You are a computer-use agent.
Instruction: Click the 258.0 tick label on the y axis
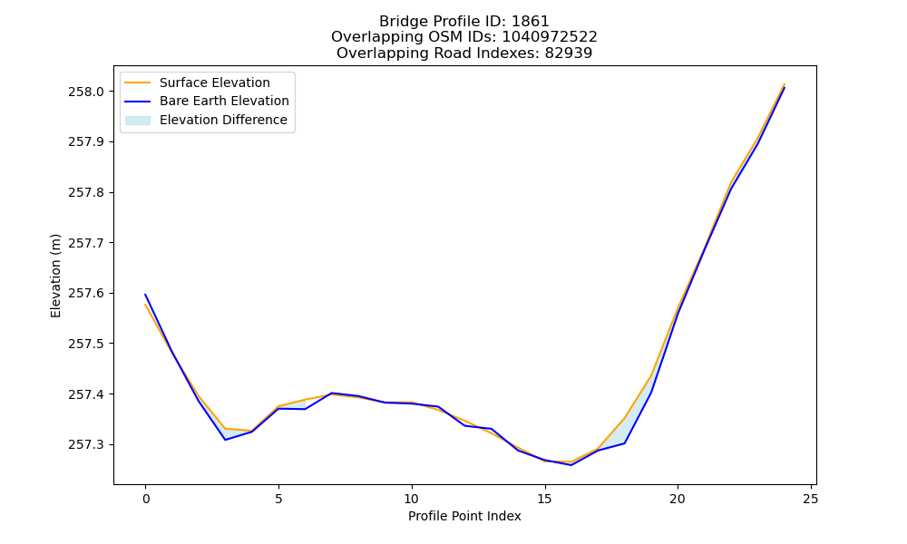click(x=86, y=92)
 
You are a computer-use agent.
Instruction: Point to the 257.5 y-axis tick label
click(x=86, y=344)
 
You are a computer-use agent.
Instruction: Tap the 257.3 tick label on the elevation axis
click(x=86, y=445)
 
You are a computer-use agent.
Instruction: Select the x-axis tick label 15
click(x=544, y=499)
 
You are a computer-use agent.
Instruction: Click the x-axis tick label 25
click(x=811, y=499)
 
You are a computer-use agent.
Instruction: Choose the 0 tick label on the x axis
click(x=146, y=499)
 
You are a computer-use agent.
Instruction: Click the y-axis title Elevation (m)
click(x=55, y=276)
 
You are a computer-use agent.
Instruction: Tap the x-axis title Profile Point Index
click(x=464, y=516)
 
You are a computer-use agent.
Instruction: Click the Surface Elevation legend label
click(x=215, y=83)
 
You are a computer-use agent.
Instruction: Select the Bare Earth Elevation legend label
click(x=224, y=101)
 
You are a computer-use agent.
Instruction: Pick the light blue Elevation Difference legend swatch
click(x=138, y=121)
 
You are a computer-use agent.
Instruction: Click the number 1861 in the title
click(x=531, y=22)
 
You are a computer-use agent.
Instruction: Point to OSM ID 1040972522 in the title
click(x=550, y=37)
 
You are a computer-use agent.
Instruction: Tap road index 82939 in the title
click(x=569, y=53)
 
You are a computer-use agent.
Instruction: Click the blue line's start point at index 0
click(x=145, y=295)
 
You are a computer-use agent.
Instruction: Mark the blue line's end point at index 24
click(x=785, y=88)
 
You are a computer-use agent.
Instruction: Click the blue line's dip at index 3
click(x=225, y=440)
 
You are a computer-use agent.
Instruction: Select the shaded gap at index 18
click(x=624, y=432)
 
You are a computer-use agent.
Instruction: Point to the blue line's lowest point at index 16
click(x=571, y=465)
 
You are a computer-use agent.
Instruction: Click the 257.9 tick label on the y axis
click(x=86, y=142)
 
